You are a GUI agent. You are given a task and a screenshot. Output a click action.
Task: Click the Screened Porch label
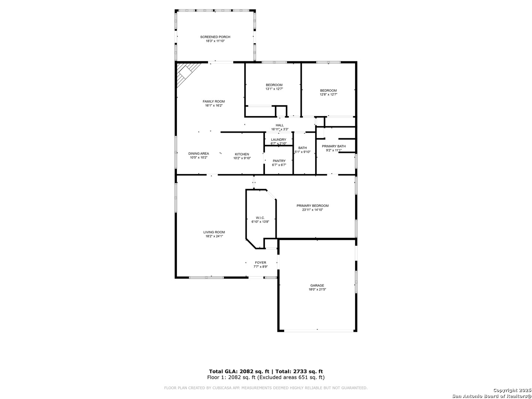pos(215,37)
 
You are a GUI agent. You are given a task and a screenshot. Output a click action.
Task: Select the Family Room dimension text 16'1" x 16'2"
pos(214,106)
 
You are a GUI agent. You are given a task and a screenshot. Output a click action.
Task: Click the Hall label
pos(279,125)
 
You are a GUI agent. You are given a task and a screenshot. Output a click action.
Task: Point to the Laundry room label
pos(279,140)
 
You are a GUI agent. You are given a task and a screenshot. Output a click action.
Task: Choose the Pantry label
pos(279,161)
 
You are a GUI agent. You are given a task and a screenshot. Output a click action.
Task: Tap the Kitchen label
pos(242,154)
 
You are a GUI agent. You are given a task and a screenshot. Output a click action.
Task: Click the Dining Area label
pos(198,154)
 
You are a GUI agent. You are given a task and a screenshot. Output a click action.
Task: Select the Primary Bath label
pos(334,146)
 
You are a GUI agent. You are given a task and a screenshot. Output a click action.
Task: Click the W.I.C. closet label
pos(260,218)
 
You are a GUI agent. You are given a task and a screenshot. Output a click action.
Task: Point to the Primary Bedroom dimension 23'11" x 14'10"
pos(313,210)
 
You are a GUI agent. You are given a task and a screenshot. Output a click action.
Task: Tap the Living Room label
pos(214,232)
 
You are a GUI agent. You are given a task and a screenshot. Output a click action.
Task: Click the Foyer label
pos(260,263)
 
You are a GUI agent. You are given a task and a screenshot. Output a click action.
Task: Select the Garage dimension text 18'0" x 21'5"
pos(317,289)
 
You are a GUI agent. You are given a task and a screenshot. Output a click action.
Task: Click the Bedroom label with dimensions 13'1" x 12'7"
pos(274,85)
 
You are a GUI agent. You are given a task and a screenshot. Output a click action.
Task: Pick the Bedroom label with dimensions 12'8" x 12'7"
pos(328,91)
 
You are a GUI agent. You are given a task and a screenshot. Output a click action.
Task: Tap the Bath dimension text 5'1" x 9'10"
pos(302,152)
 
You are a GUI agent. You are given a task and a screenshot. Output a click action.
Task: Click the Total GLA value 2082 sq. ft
pos(255,371)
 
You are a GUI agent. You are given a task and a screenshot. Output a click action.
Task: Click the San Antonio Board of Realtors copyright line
pos(492,396)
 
